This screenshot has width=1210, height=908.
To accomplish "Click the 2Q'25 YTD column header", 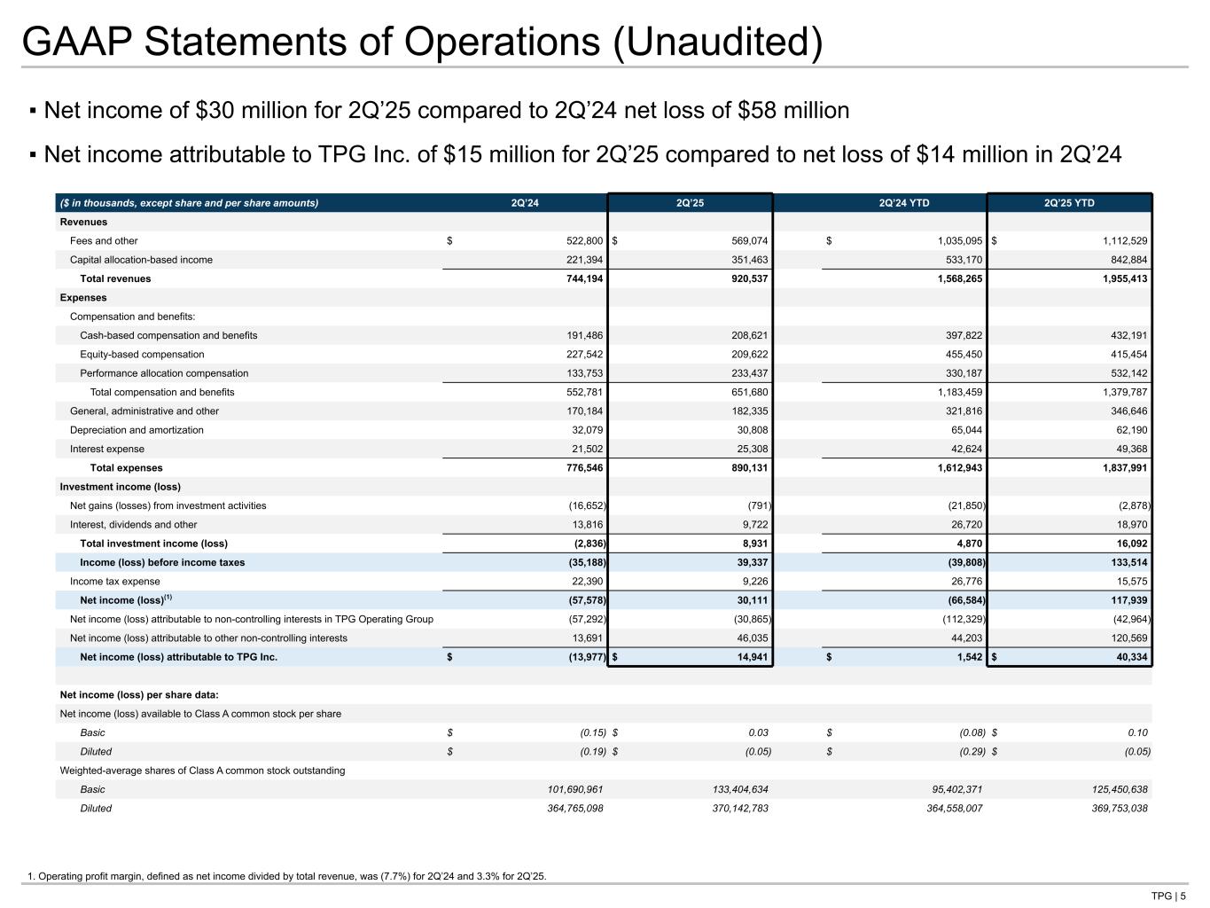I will (1069, 203).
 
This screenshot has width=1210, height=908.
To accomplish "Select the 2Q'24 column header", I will (525, 203).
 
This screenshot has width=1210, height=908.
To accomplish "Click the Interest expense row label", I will (106, 449).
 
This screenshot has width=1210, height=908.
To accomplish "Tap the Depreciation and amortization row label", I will (137, 430).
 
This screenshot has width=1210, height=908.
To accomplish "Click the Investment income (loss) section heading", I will (120, 487).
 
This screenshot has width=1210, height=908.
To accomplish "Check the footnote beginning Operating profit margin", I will (287, 877).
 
